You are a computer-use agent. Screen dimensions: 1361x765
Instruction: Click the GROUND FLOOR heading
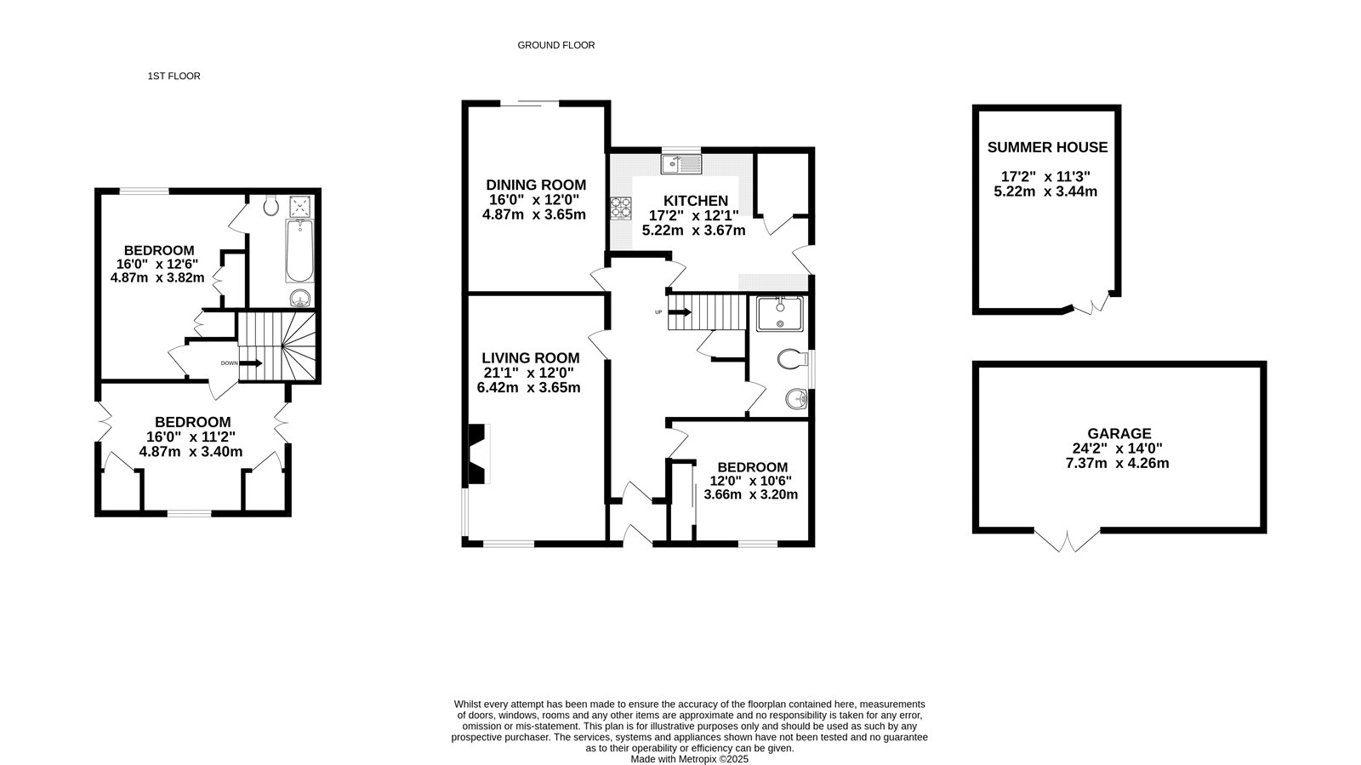[556, 45]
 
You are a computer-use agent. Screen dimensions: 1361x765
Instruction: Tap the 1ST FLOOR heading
[174, 76]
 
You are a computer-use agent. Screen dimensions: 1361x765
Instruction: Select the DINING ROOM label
[536, 185]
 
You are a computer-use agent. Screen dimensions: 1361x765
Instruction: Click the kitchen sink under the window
[681, 164]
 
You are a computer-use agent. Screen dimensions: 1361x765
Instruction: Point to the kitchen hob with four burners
[621, 208]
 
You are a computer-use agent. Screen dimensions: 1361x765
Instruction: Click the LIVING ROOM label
[531, 358]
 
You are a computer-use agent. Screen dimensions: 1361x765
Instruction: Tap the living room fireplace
[479, 454]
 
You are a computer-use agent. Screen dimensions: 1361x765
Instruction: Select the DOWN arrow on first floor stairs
[250, 363]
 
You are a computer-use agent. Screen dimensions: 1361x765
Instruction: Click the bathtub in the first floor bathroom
[299, 251]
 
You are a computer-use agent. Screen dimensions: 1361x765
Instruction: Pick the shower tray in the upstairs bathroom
[300, 206]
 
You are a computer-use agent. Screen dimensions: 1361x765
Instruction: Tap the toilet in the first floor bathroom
[271, 205]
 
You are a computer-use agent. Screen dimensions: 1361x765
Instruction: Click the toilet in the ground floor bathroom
[793, 358]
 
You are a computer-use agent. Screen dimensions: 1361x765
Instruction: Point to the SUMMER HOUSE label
[1047, 147]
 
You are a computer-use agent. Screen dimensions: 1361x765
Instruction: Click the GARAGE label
[1119, 434]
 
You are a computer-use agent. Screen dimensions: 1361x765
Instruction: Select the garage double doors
[1067, 540]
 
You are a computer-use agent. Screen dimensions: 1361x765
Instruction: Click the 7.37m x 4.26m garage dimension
[1118, 463]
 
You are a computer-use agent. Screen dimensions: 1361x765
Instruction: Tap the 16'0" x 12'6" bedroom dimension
[157, 265]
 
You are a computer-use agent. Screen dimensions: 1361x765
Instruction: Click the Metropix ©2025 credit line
[690, 759]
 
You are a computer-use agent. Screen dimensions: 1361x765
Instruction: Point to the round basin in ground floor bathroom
[796, 399]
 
